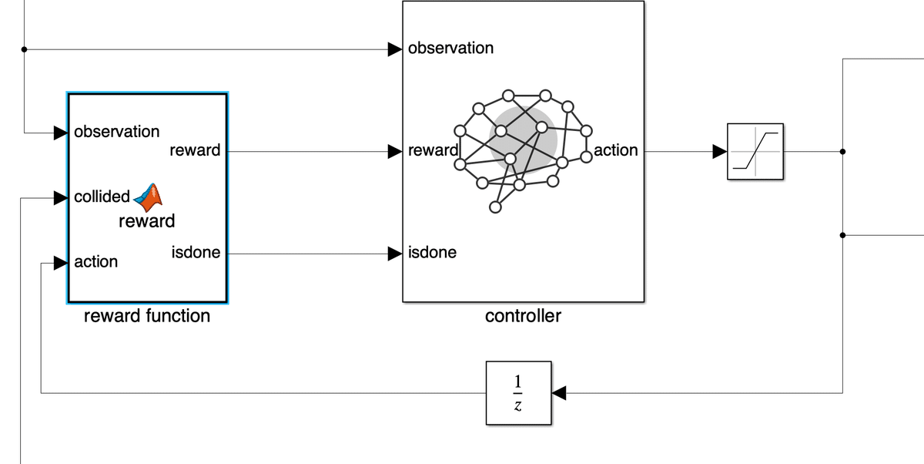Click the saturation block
(755, 151)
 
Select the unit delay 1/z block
(518, 393)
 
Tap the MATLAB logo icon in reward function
(149, 197)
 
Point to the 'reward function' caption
(146, 315)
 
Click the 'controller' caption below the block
(523, 315)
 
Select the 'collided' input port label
(102, 197)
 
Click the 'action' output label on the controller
(615, 150)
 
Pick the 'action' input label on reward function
(95, 262)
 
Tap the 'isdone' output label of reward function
(196, 252)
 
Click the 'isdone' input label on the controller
(432, 252)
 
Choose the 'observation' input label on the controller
(450, 48)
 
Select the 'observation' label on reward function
(116, 132)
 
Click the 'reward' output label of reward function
(195, 150)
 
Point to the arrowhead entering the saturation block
(719, 151)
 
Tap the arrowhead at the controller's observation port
(394, 49)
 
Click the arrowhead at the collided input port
(60, 198)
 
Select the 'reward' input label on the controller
(433, 150)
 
